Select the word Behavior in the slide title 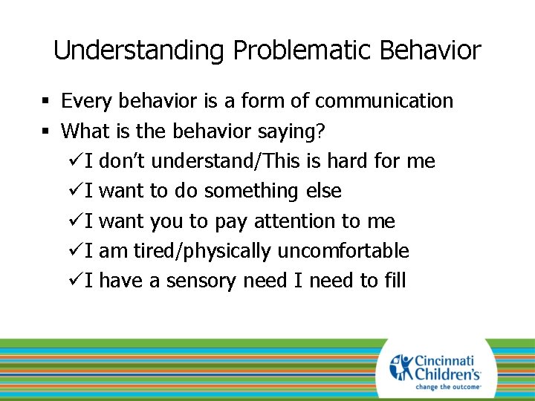pyautogui.click(x=430, y=51)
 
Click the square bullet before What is pyautogui.click(x=46, y=132)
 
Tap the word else pyautogui.click(x=323, y=192)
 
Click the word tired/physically pyautogui.click(x=202, y=252)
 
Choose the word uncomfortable pyautogui.click(x=343, y=252)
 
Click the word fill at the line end pyautogui.click(x=392, y=281)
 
